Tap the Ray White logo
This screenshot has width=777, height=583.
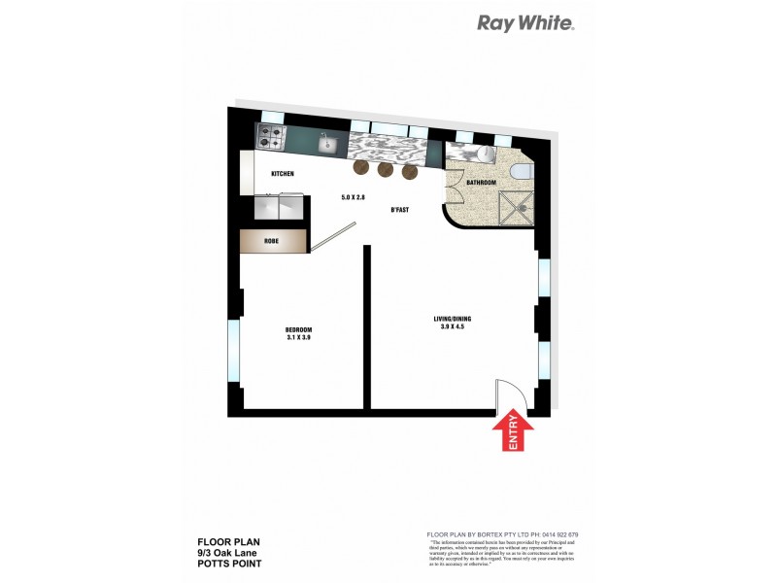point(525,23)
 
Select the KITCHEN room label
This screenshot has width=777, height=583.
point(282,174)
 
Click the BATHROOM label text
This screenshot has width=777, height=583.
point(481,183)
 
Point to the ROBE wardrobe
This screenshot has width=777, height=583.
point(273,242)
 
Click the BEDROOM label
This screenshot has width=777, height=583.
point(299,329)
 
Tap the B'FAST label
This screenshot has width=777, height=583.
point(400,210)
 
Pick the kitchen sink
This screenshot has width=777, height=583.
point(328,145)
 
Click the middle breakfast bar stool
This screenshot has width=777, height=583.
point(386,171)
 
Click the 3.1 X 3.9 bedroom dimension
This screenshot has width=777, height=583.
point(299,337)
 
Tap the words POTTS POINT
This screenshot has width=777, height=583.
point(229,563)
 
